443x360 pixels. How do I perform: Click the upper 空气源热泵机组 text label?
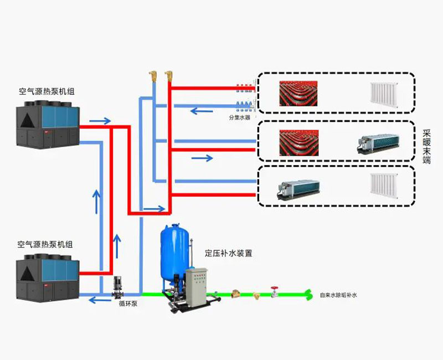pos(47,91)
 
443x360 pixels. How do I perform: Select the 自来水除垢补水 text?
pos(338,296)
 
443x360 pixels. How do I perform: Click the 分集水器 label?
pos(240,118)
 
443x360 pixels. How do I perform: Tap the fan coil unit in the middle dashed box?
pos(377,143)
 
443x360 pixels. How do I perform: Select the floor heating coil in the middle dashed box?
pos(300,142)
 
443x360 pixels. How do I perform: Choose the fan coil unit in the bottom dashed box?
pos(298,188)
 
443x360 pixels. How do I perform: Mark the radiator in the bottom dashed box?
pos(384,186)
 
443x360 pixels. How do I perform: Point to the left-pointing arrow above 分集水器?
pos(202,111)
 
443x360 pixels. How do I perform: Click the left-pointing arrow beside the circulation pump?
pos(100,301)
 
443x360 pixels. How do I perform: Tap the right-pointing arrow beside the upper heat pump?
pos(100,120)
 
